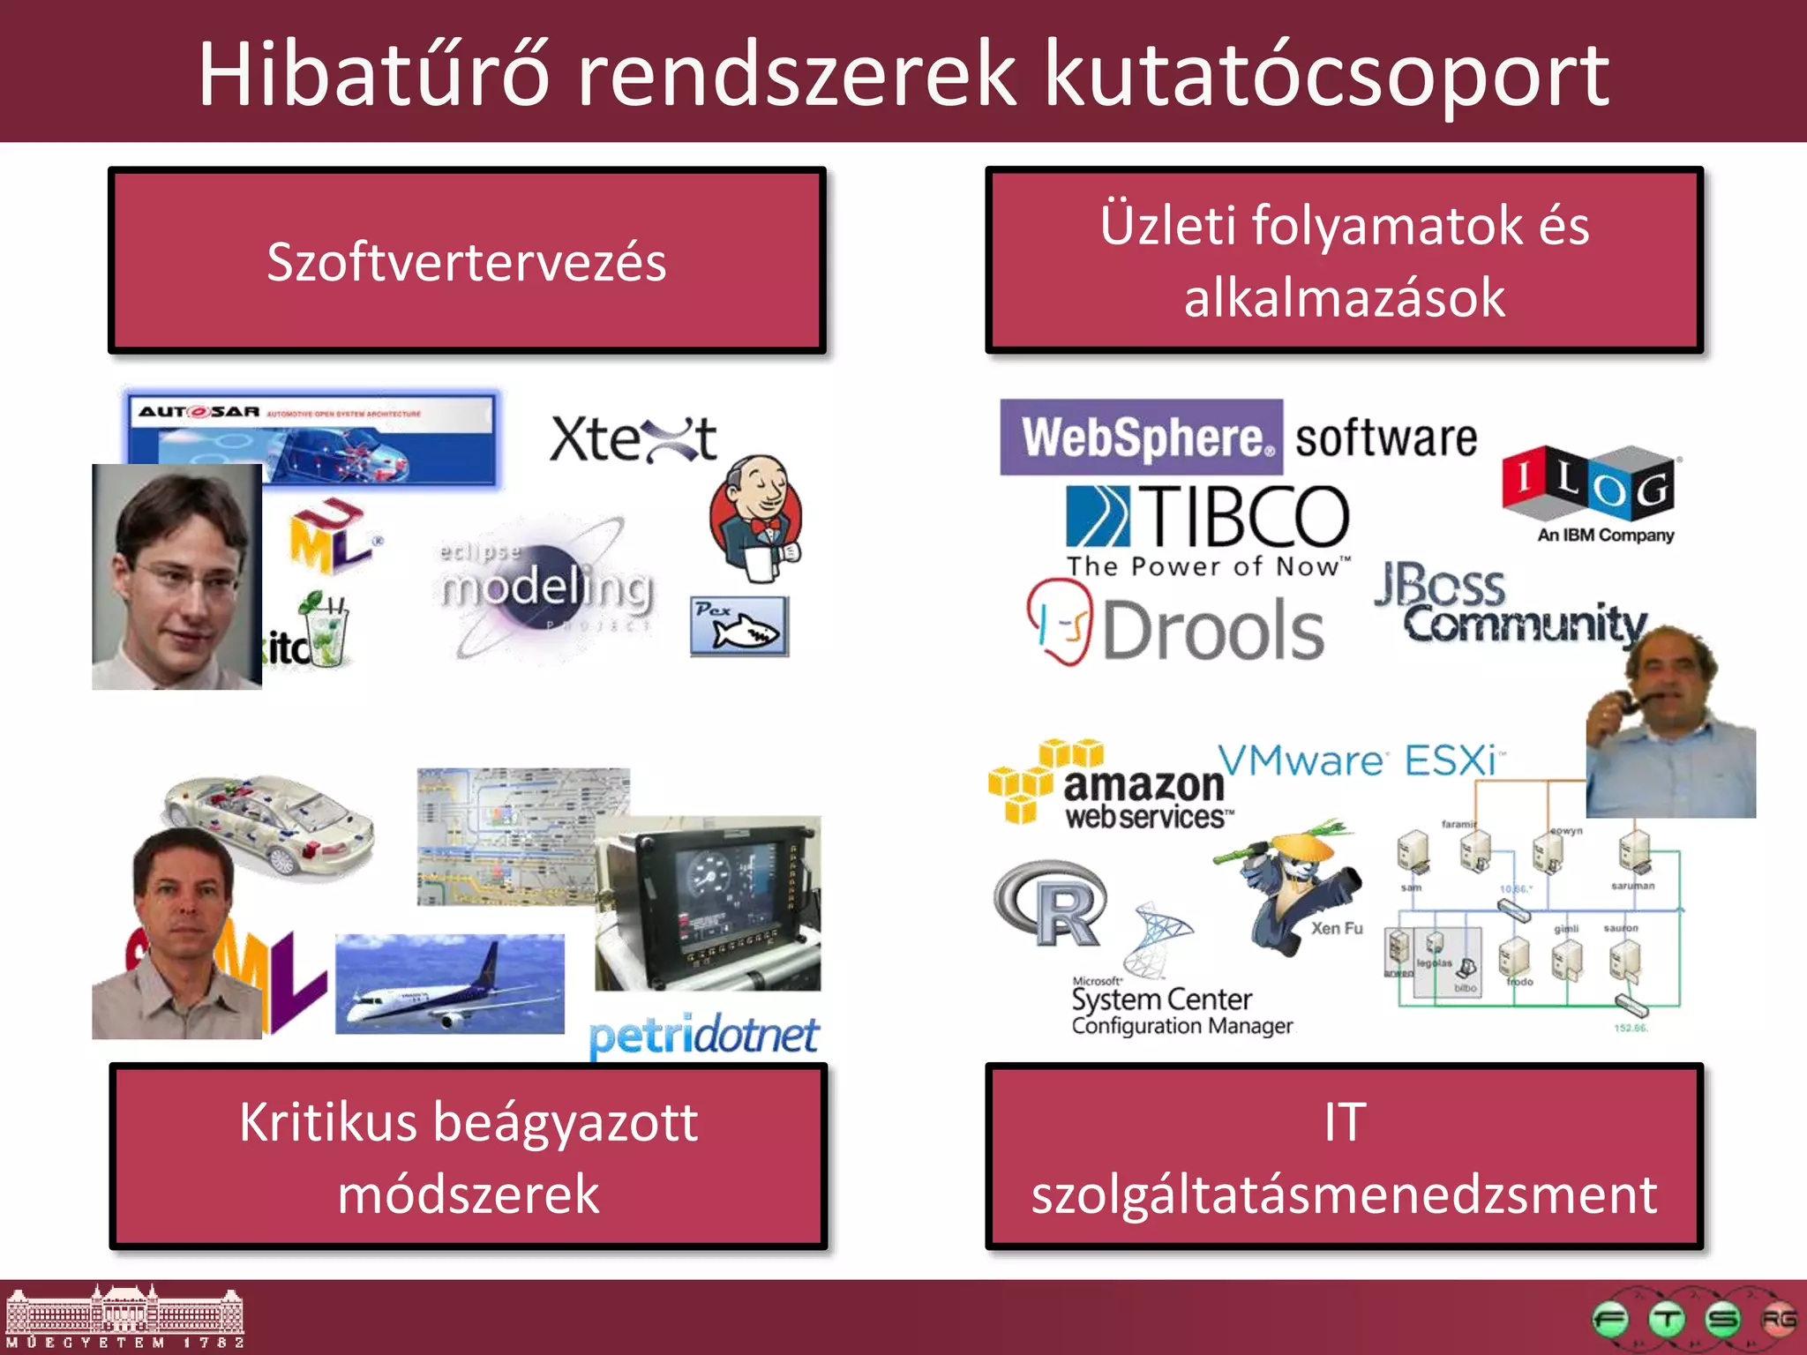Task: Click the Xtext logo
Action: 633,439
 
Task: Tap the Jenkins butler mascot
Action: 756,517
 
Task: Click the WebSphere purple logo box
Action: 1141,438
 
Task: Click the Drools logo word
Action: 1213,631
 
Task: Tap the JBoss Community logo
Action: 1509,604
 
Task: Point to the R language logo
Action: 1052,904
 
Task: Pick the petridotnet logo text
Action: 703,1036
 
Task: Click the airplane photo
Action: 450,984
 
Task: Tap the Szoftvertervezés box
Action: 467,261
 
